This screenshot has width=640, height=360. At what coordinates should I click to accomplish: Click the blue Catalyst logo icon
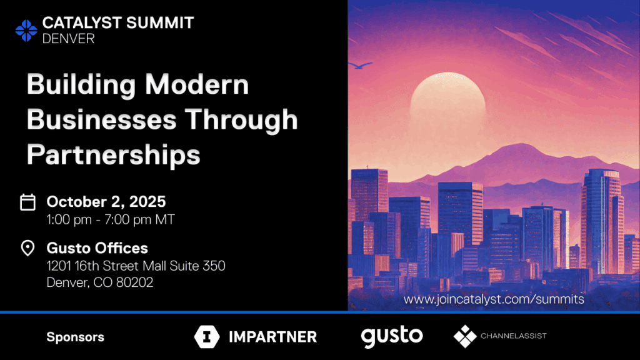[x=26, y=31]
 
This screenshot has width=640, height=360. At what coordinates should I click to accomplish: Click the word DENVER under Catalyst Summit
[x=69, y=39]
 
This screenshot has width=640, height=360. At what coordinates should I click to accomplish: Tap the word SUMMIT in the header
[x=160, y=23]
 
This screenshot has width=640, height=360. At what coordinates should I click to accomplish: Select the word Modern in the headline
[x=197, y=84]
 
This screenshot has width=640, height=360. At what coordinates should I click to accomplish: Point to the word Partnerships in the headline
[x=114, y=155]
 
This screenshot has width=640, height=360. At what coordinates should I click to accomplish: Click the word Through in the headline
[x=241, y=121]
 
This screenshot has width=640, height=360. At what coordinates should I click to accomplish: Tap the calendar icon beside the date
[x=27, y=202]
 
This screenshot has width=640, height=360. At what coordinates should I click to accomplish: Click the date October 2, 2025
[x=106, y=202]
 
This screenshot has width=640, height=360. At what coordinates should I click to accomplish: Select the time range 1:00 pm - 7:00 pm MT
[x=111, y=219]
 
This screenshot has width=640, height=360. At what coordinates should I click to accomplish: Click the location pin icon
[x=27, y=247]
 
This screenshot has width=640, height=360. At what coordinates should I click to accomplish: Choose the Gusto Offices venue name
[x=97, y=248]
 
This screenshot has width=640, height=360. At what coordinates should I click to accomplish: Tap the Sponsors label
[x=76, y=337]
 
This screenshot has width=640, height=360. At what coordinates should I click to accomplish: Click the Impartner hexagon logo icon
[x=206, y=337]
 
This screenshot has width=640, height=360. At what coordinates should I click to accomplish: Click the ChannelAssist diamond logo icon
[x=465, y=336]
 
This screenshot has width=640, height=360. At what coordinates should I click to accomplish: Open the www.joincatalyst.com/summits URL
[x=494, y=299]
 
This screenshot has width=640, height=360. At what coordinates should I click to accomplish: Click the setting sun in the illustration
[x=447, y=102]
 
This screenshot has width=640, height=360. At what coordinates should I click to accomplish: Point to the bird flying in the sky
[x=361, y=65]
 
